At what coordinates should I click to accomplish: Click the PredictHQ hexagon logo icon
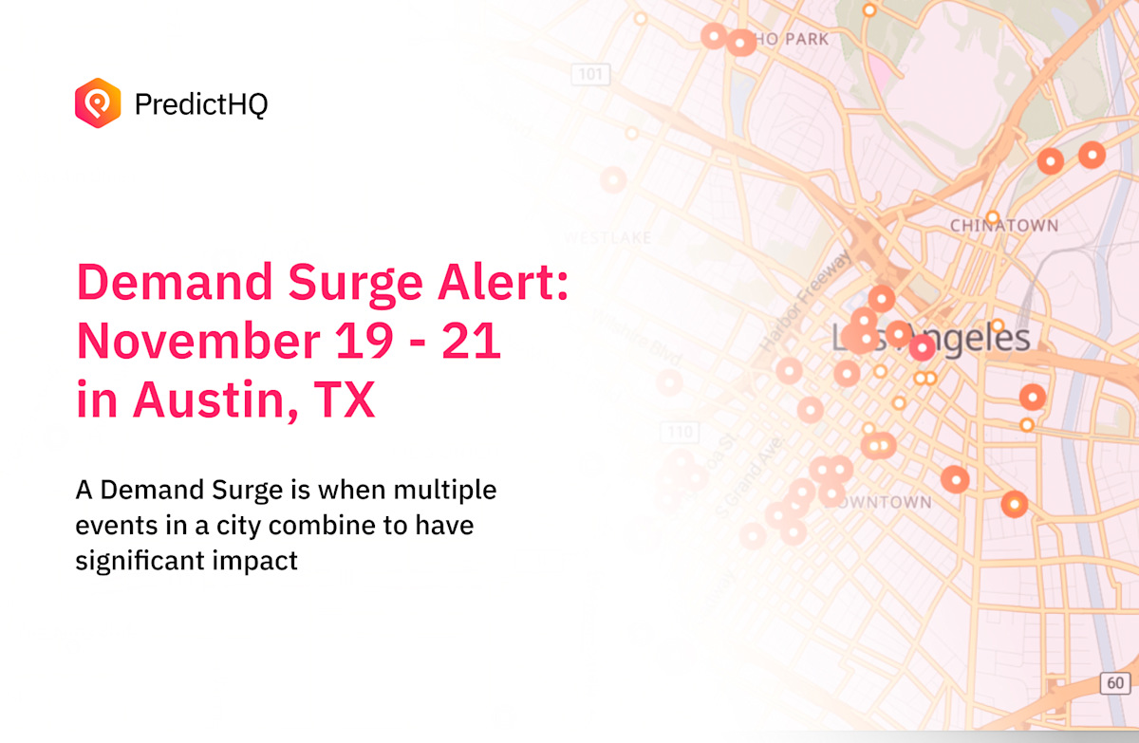point(98,102)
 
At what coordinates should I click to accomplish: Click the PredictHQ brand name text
point(201,103)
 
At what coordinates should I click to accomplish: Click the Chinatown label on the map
point(1003,226)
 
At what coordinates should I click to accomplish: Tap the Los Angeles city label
point(930,339)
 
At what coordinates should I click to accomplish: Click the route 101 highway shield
point(590,73)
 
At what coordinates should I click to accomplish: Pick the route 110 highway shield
point(680,433)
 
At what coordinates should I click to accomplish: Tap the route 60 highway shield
point(1114,682)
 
